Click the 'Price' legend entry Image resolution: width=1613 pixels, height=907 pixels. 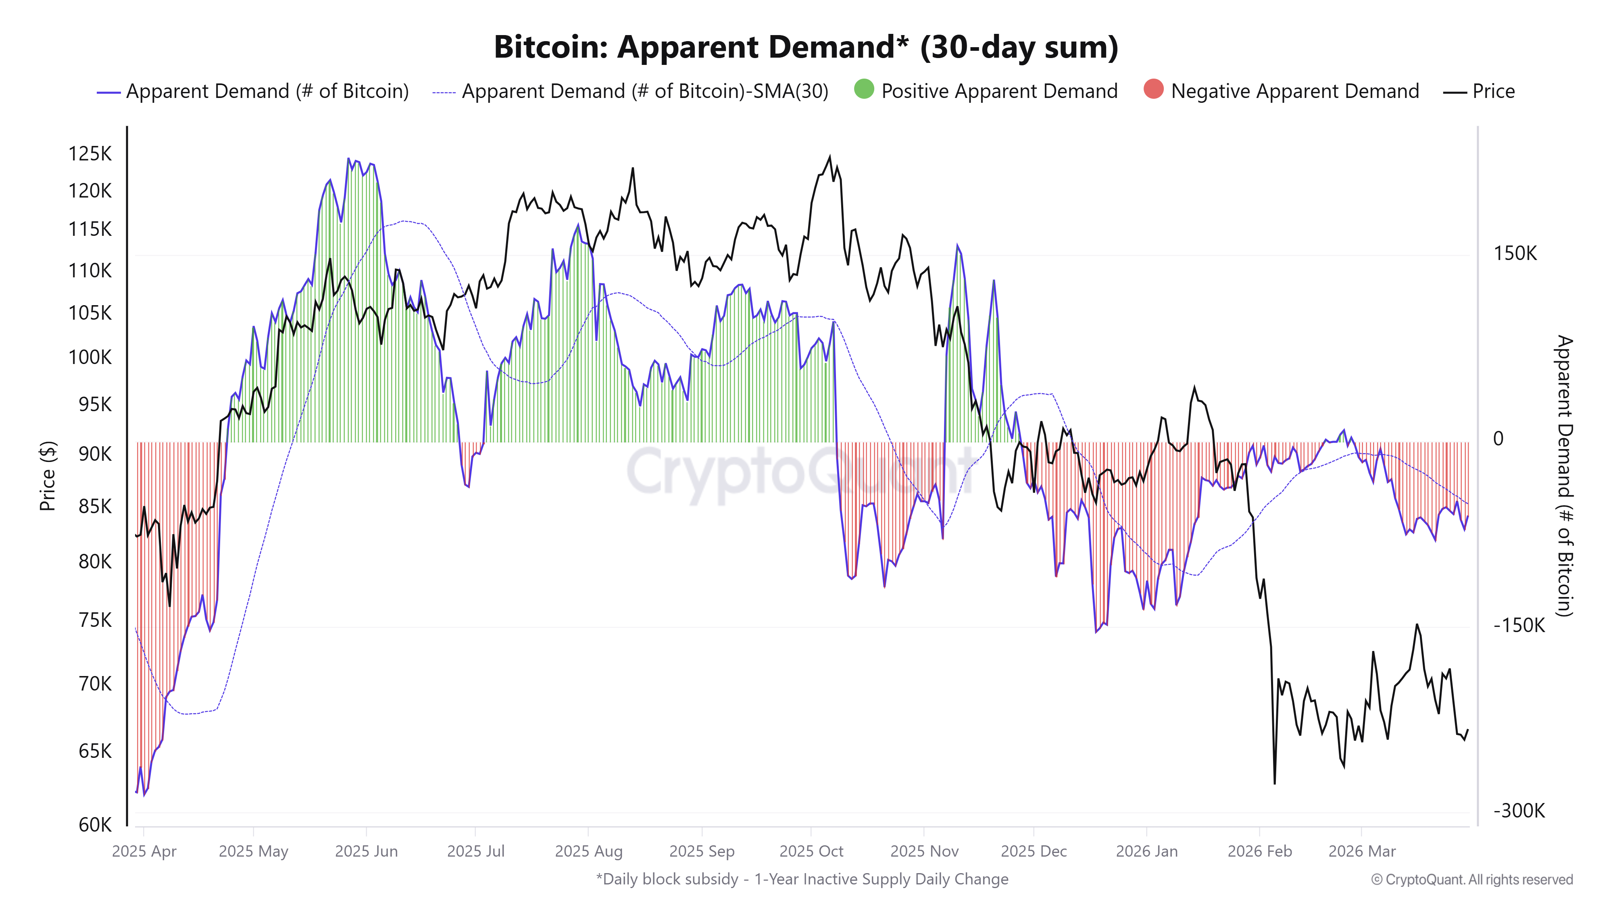pyautogui.click(x=1493, y=92)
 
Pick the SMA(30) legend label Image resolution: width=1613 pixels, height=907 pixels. pyautogui.click(x=644, y=92)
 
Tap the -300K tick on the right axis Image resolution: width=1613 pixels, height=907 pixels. pyautogui.click(x=1519, y=811)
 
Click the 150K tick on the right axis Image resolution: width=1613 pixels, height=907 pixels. pyautogui.click(x=1515, y=254)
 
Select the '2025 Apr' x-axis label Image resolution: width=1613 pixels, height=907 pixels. pyautogui.click(x=144, y=851)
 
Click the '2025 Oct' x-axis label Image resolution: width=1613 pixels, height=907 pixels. pyautogui.click(x=811, y=851)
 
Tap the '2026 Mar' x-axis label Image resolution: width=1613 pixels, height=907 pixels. pyautogui.click(x=1362, y=851)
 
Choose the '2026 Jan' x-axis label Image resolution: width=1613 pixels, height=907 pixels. pyautogui.click(x=1146, y=851)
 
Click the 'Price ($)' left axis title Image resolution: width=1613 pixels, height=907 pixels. pyautogui.click(x=48, y=476)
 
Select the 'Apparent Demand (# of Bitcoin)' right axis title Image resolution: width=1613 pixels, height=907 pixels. pyautogui.click(x=1564, y=476)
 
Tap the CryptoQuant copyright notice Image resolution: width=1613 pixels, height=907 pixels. pyautogui.click(x=1471, y=880)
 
